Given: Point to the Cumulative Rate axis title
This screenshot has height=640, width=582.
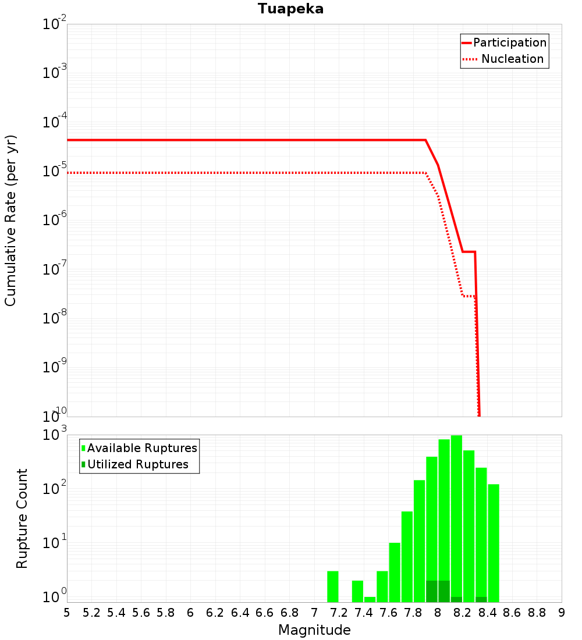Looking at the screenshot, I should coord(10,220).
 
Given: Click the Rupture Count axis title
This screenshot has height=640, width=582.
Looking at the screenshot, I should coord(22,518).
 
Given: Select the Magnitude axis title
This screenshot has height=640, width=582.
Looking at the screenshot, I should coord(314,630).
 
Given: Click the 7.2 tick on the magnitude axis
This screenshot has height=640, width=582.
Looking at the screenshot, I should coord(339,613).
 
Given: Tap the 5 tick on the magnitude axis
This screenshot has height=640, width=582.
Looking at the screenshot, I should coord(67,613).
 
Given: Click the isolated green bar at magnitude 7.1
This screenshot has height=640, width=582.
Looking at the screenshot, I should coord(333,587).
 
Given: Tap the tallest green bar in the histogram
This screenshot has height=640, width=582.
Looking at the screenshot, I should coord(456,518).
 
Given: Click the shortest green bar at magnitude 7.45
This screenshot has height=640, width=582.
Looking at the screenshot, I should coord(370,599).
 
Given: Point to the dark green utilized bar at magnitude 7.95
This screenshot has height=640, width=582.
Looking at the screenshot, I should coord(432,591).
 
